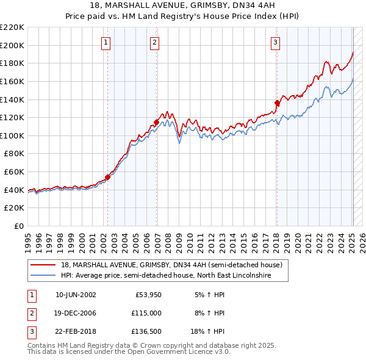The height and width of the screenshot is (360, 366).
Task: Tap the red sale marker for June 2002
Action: tap(108, 177)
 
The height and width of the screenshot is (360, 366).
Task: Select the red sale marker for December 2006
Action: tap(156, 122)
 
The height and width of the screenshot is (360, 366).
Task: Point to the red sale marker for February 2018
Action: tap(277, 103)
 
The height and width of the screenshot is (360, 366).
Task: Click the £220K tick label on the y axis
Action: tap(12, 27)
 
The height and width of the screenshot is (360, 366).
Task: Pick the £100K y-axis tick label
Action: tap(12, 135)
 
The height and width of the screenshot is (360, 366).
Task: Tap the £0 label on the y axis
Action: tap(18, 226)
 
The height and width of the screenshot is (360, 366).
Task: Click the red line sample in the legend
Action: tap(43, 265)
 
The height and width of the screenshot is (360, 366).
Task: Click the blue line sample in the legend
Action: tap(43, 276)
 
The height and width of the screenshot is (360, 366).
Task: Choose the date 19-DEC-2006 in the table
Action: tap(76, 313)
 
